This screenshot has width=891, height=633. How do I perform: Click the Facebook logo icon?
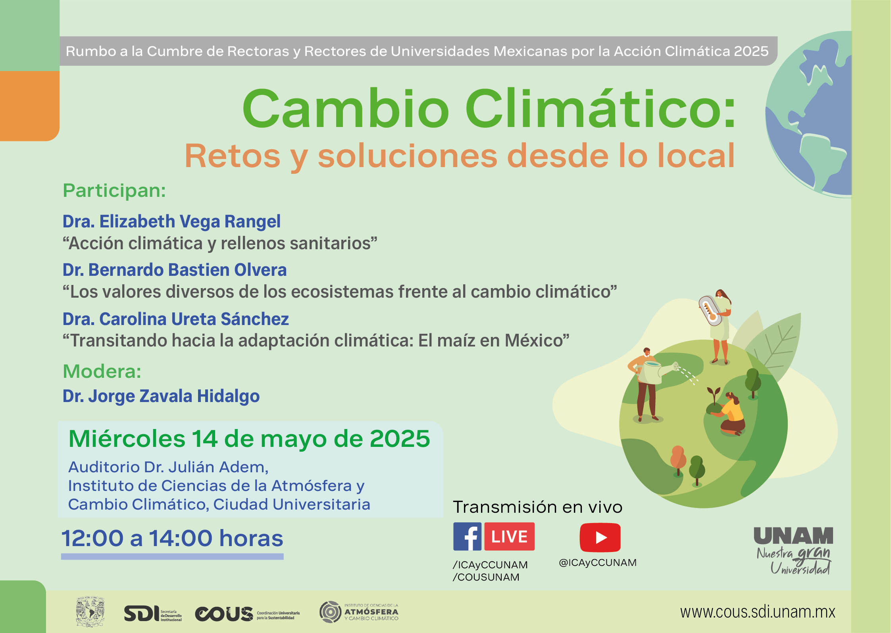pos(467,537)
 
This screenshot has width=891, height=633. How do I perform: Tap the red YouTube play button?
pos(600,537)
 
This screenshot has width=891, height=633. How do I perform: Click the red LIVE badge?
pos(510,537)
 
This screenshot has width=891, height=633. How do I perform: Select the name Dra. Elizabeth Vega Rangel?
pos(171,221)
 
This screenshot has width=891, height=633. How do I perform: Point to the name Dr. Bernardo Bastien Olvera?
pos(175,270)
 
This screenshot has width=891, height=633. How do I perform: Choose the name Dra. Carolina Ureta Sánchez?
pos(176,319)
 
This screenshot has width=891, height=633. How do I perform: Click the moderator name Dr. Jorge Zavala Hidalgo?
pos(161,396)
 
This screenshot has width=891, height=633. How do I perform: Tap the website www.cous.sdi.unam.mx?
pos(758,612)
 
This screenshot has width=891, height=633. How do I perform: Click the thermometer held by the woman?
pos(710,311)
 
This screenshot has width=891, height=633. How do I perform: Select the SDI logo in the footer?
pos(153,614)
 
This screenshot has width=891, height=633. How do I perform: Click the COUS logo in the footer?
pos(247,614)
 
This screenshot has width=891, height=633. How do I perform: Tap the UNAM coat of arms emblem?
pos(90,612)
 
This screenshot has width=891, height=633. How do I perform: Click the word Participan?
pos(114,191)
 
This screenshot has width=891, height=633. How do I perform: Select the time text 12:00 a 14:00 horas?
pos(172,538)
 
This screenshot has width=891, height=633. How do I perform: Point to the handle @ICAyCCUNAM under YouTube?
pos(598,563)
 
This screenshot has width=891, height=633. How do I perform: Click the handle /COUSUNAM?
pos(486,577)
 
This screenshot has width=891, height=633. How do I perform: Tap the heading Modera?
pos(102,371)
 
